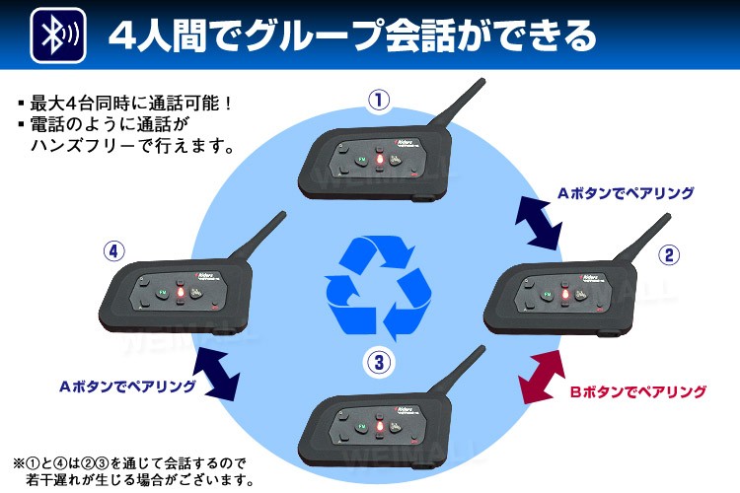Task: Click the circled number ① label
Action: pos(378,100)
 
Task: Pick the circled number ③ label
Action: pos(378,361)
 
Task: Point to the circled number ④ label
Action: pos(115,250)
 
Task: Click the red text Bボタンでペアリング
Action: pos(639,391)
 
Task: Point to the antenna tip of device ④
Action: pos(286,214)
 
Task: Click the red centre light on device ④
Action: pos(181,293)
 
